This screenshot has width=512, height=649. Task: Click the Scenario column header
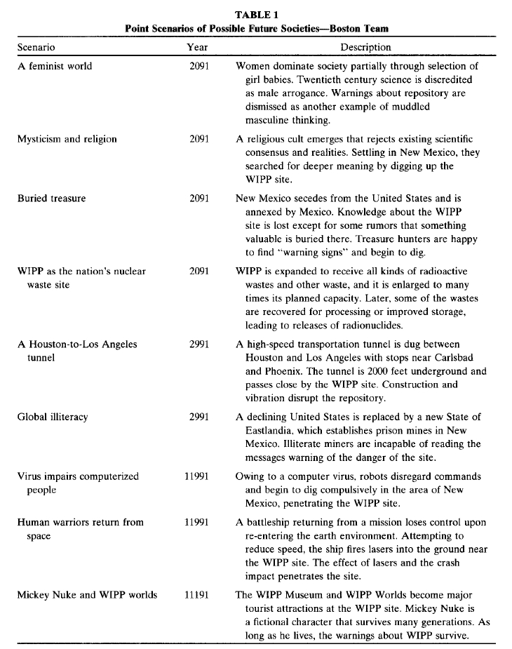(36, 48)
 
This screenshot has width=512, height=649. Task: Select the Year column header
(197, 48)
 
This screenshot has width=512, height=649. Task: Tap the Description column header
(365, 48)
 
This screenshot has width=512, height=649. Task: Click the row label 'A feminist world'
(55, 67)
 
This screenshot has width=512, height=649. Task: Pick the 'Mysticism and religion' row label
(67, 139)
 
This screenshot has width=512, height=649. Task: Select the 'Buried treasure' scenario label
(52, 199)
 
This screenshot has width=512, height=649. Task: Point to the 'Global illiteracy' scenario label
(53, 417)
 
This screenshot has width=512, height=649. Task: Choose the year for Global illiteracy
(199, 417)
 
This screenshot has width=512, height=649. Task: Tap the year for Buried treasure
(199, 199)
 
